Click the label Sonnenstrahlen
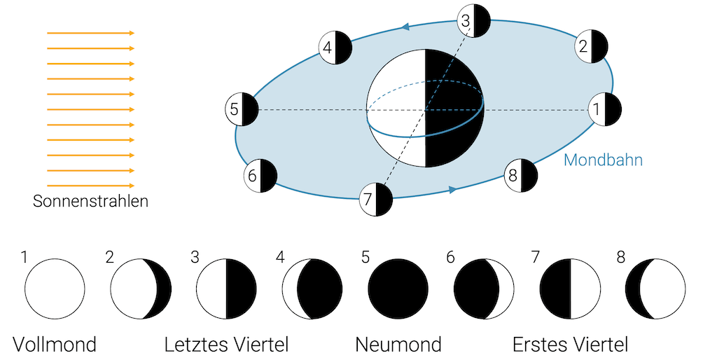[90, 202]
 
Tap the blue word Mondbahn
[603, 160]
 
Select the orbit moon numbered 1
[604, 109]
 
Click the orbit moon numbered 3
[473, 20]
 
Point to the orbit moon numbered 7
[375, 200]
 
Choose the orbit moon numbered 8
[521, 175]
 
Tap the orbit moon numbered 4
[335, 48]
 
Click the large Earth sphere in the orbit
[425, 109]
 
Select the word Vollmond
[55, 345]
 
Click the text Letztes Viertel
[226, 345]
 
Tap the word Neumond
[398, 345]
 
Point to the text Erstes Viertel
[570, 345]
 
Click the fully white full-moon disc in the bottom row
[55, 289]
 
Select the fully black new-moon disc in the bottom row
[398, 289]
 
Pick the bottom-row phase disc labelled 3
[226, 289]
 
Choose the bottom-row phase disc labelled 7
[570, 289]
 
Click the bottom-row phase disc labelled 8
[655, 289]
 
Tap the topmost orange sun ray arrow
[90, 33]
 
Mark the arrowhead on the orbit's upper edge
[405, 27]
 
